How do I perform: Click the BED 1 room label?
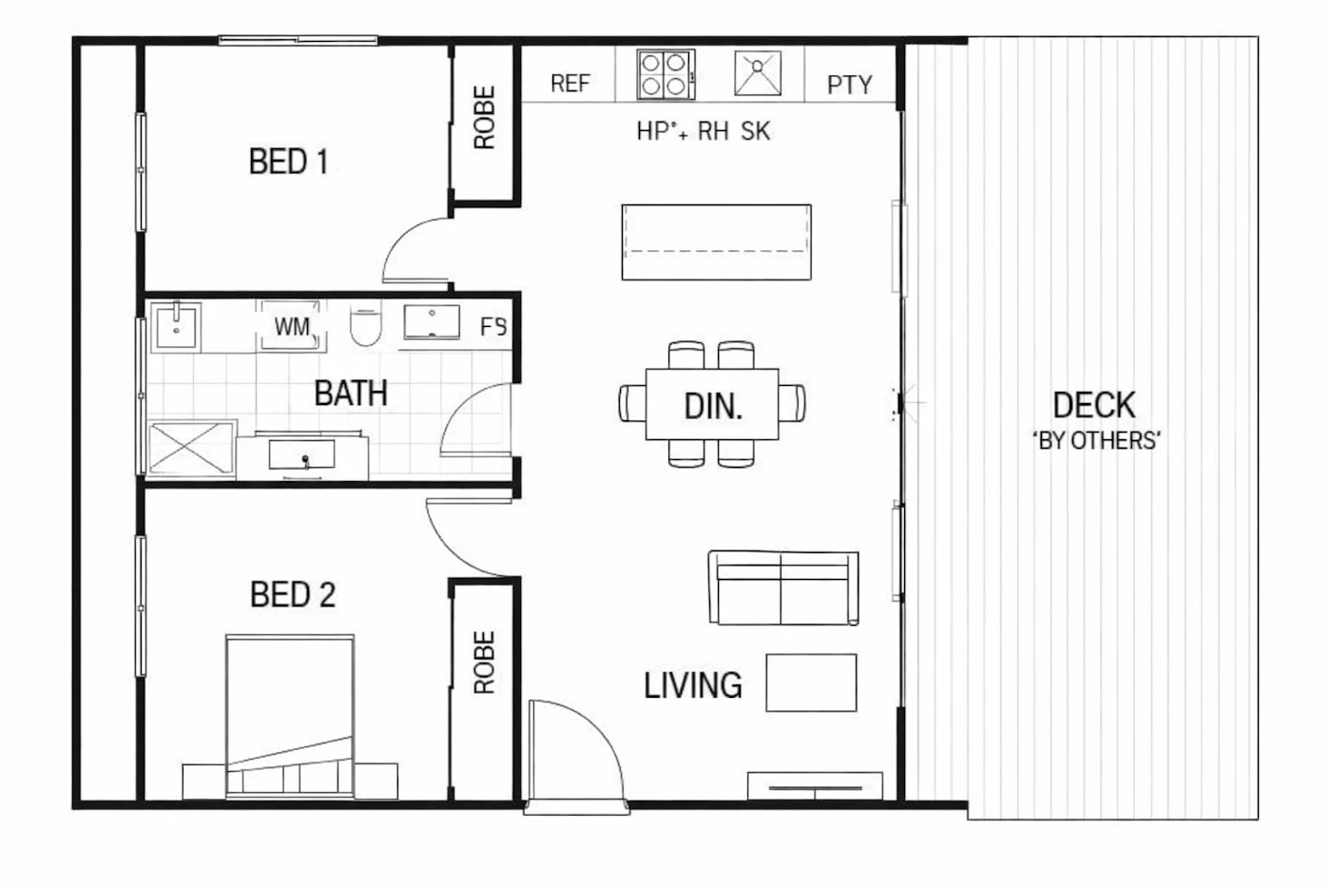(x=289, y=162)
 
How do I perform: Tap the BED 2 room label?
(x=293, y=594)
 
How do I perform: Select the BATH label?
(x=351, y=394)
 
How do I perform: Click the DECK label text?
(x=1094, y=405)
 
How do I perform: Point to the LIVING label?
(x=693, y=685)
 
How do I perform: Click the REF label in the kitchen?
(x=570, y=84)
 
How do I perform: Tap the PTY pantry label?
(x=850, y=85)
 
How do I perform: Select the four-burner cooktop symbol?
(x=665, y=74)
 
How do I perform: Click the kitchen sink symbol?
(x=758, y=73)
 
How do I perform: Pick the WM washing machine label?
(x=292, y=327)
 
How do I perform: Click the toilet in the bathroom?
(x=365, y=325)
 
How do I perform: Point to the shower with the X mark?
(x=190, y=449)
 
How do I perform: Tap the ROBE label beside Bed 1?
(x=484, y=118)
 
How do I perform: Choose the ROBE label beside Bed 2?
(x=484, y=663)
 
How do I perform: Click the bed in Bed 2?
(x=290, y=717)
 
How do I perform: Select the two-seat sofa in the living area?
(x=783, y=588)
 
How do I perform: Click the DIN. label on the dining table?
(x=713, y=407)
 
